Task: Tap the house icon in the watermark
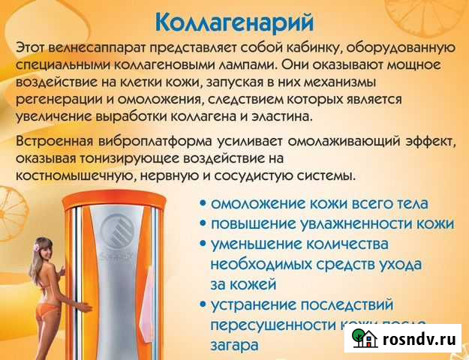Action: (x=366, y=338)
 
